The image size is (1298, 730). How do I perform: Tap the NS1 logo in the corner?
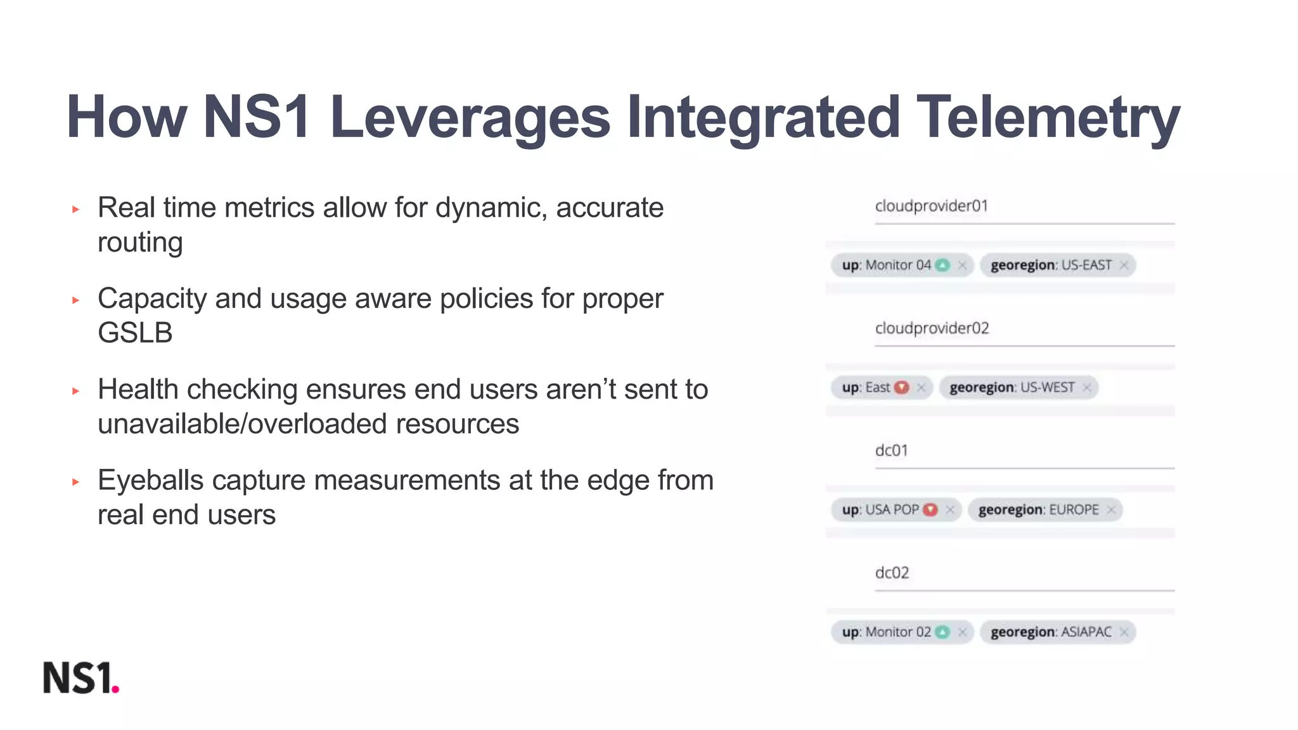point(81,677)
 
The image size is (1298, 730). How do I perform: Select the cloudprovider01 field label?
point(931,206)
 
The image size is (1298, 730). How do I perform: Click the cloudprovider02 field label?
point(932,328)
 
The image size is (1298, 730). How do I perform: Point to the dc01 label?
point(891,451)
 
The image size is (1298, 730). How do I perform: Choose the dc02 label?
point(892,573)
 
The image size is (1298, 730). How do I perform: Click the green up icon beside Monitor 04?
point(943,265)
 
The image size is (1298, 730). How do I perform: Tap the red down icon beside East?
point(901,387)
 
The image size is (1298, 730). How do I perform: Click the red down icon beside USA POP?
point(930,509)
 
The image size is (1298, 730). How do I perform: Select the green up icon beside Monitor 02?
point(943,632)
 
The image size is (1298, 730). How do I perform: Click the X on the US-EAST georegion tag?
point(1124,265)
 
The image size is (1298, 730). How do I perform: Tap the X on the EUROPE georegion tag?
point(1111,509)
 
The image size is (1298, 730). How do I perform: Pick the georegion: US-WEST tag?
point(1012,387)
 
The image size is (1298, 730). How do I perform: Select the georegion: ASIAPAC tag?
point(1051,632)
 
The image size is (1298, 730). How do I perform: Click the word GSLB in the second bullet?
point(135,333)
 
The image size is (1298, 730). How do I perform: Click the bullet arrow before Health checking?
point(76,391)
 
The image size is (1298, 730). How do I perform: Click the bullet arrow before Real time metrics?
point(76,209)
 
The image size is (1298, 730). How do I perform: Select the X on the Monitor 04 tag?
point(963,265)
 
